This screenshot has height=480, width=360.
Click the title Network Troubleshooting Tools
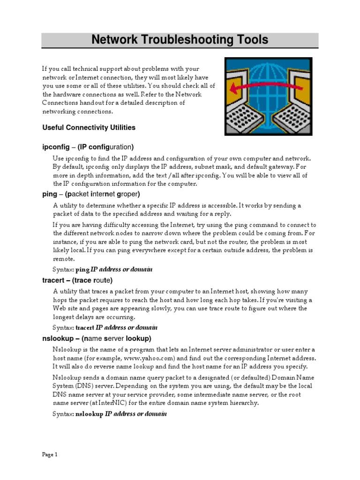(x=180, y=40)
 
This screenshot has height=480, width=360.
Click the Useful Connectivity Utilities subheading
(x=89, y=127)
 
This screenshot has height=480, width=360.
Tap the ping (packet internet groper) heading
(x=91, y=194)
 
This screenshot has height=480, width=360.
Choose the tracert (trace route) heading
(x=77, y=280)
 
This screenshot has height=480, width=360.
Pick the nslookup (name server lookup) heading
(x=97, y=338)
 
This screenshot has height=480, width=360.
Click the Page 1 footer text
(x=50, y=454)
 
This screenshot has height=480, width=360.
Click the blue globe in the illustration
(x=266, y=77)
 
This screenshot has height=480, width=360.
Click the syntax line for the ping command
(x=103, y=270)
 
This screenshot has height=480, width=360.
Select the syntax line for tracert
(x=105, y=328)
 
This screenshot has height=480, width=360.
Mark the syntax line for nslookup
(x=110, y=414)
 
